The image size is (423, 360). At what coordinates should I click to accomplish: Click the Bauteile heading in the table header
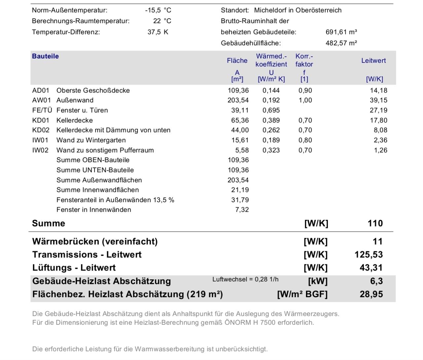point(45,56)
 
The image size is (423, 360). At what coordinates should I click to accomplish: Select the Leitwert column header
point(373,60)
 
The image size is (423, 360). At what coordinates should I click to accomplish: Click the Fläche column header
point(237,60)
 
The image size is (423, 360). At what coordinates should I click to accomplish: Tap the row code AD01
point(41,90)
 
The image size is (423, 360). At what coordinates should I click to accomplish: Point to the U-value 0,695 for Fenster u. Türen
point(271,110)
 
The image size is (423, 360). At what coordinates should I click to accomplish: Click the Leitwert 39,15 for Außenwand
point(378,100)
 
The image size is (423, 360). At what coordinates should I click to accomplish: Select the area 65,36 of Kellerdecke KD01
point(240,120)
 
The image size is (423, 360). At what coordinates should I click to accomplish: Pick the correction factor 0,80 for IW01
point(305,140)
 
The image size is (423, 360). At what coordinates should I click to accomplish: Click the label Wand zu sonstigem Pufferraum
point(105,150)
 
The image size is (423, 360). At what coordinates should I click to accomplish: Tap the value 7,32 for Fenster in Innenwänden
point(242,210)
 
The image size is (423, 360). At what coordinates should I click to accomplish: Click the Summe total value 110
point(375,223)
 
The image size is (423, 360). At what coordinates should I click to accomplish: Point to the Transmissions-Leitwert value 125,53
point(368,255)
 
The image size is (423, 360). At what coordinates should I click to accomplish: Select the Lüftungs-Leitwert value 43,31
point(371,268)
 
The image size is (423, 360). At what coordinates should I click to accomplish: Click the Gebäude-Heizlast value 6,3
point(376,281)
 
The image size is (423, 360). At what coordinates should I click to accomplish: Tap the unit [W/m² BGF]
point(302,294)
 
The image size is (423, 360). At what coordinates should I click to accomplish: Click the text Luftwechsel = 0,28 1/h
point(245,279)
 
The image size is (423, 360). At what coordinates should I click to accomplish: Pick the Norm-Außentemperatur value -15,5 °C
point(158,10)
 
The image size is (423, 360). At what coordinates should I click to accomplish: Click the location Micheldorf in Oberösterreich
point(297,10)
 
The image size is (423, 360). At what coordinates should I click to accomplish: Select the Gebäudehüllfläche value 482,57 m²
point(341,43)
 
